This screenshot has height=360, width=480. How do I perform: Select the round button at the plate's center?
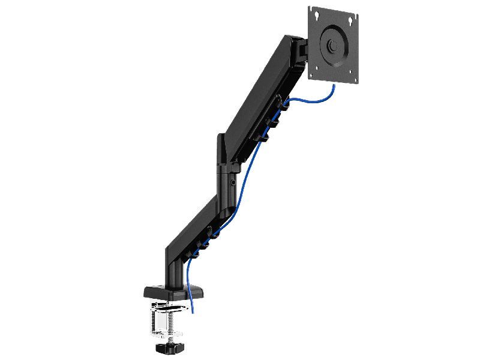coord(331,46)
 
